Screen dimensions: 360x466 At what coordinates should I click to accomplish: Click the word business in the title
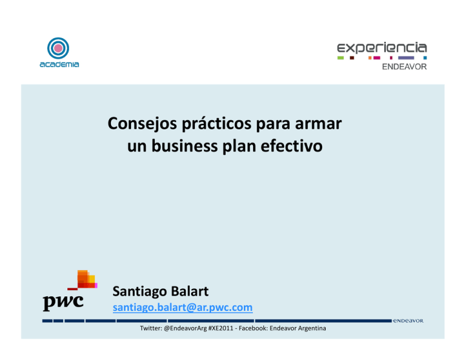[181, 146]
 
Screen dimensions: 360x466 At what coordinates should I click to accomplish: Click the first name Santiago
[141, 293]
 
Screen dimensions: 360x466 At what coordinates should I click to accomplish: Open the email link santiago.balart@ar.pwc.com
[183, 308]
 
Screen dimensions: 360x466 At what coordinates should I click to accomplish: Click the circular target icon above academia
[59, 48]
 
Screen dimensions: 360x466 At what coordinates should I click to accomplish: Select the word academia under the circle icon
[59, 64]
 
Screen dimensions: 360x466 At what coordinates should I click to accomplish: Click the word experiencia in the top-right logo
[382, 47]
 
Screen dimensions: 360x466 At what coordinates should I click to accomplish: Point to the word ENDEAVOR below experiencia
[404, 66]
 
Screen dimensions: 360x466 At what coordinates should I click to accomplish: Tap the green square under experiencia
[340, 58]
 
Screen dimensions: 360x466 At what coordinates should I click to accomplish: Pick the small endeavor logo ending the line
[408, 320]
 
